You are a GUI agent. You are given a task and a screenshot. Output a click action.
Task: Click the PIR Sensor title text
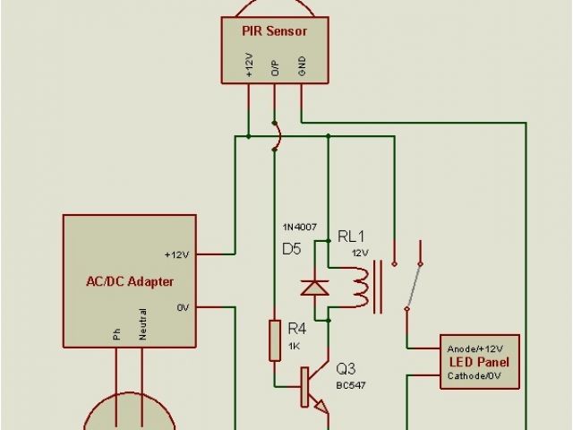(x=274, y=31)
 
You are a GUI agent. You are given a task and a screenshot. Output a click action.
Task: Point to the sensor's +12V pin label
(x=249, y=64)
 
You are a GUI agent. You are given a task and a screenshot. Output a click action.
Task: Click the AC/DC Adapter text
(x=130, y=281)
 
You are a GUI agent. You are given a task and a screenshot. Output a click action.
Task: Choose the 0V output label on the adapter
(x=183, y=308)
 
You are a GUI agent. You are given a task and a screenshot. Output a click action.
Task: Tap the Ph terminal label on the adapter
(x=116, y=333)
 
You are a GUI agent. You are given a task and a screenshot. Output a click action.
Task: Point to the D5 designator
(x=292, y=248)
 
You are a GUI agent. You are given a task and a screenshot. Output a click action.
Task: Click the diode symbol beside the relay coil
(x=312, y=288)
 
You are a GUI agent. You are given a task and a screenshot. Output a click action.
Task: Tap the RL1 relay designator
(x=351, y=236)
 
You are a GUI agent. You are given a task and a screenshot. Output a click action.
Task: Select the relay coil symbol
(x=360, y=287)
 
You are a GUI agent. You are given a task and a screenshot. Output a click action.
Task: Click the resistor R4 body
(x=276, y=340)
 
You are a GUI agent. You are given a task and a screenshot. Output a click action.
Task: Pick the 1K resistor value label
(x=295, y=346)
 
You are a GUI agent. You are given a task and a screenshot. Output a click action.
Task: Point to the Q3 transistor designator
(x=346, y=369)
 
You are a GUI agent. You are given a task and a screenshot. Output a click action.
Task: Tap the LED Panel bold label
(x=479, y=362)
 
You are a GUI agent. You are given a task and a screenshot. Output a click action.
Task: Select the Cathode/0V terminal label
(x=475, y=376)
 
